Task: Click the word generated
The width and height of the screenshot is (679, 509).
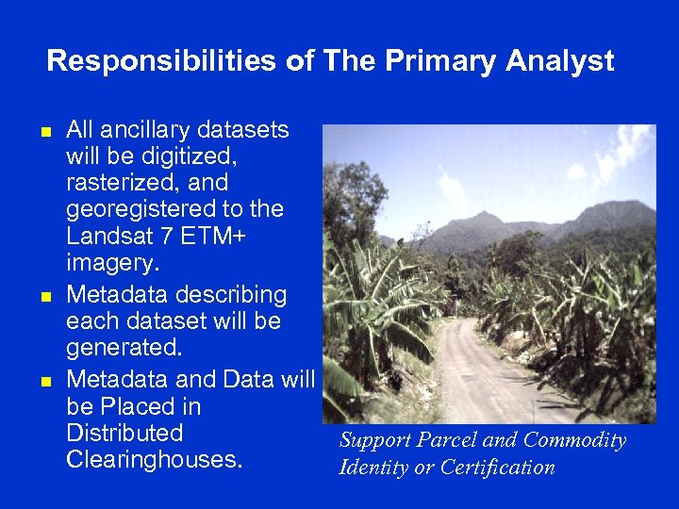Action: click(x=121, y=349)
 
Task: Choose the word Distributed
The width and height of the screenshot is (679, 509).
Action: click(x=124, y=433)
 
